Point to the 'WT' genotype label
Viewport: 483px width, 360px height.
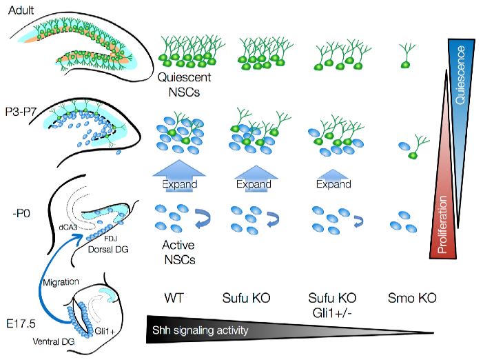tap(173, 298)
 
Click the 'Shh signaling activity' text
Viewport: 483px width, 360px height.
tap(205, 331)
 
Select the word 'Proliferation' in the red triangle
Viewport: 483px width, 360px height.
tap(443, 223)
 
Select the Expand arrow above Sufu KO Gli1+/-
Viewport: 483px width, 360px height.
tap(333, 181)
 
